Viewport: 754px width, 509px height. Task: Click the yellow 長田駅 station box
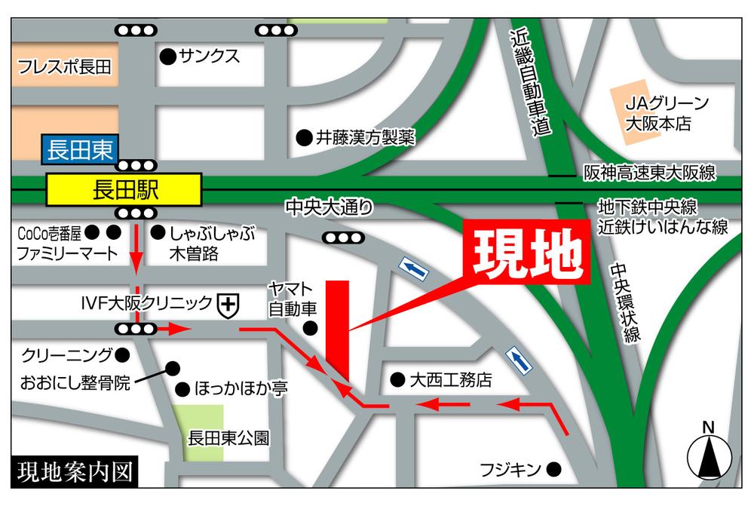click(x=124, y=189)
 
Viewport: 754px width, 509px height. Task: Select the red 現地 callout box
click(x=525, y=253)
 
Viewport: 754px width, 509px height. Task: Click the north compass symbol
click(x=709, y=452)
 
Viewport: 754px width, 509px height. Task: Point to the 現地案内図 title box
click(x=74, y=473)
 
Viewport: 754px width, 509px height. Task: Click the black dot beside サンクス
click(x=167, y=56)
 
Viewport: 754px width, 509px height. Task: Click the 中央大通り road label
click(x=329, y=206)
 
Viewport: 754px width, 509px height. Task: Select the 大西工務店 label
click(x=451, y=380)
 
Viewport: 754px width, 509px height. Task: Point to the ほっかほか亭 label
click(x=241, y=390)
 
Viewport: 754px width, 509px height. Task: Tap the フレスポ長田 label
click(x=65, y=68)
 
